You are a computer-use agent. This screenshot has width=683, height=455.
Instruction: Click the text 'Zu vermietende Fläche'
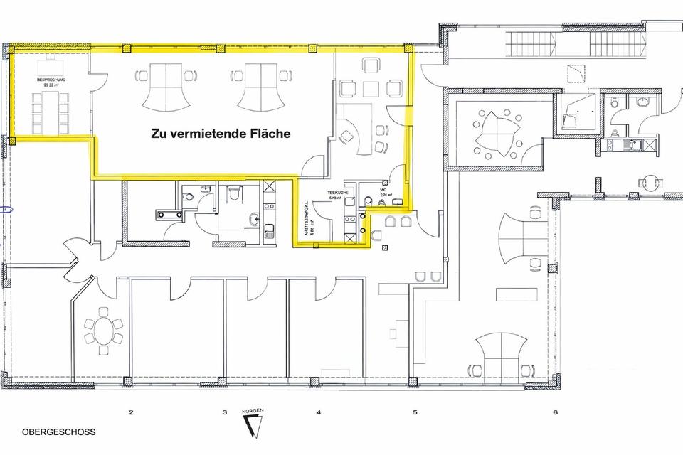(220, 133)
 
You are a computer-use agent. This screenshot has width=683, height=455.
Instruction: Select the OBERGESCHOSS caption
(58, 432)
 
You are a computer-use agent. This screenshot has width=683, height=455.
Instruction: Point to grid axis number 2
(130, 412)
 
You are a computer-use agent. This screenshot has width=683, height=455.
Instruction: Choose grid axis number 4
(319, 412)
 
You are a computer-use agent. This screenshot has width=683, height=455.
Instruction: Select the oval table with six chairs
(104, 330)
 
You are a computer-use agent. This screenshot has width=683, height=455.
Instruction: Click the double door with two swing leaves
(79, 253)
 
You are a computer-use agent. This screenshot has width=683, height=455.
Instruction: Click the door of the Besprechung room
(90, 68)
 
